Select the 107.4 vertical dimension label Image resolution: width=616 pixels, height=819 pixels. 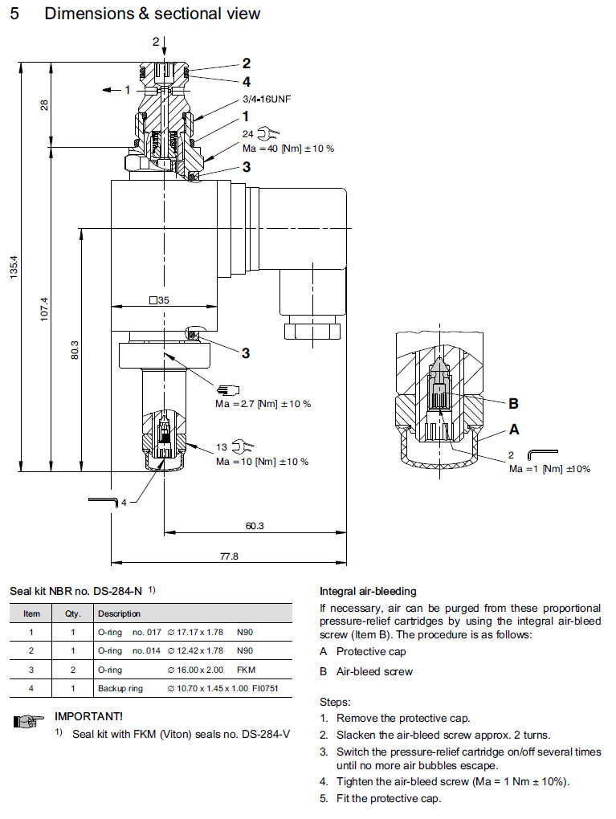point(45,309)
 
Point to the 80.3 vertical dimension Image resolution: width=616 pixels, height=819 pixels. point(75,350)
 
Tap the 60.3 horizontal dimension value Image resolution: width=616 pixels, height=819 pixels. point(254,526)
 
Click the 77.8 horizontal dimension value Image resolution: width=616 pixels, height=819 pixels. point(229,556)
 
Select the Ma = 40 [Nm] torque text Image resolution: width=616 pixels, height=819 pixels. point(288,149)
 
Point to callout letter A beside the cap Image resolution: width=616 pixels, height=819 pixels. point(514,430)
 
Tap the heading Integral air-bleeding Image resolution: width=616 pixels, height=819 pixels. point(368,592)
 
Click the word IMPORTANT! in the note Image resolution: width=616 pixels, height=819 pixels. point(88,715)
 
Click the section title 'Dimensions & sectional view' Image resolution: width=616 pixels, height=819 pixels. point(153,14)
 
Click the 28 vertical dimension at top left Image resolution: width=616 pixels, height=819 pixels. point(45,105)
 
